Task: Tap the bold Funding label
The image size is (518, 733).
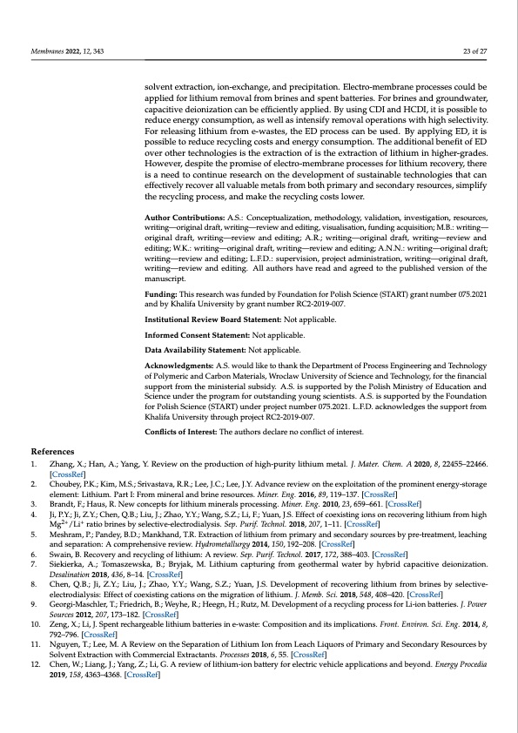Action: click(162, 298)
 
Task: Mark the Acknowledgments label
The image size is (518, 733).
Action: click(180, 366)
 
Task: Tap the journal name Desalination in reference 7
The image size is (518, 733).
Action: click(74, 578)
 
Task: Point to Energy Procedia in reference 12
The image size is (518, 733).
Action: click(461, 664)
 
